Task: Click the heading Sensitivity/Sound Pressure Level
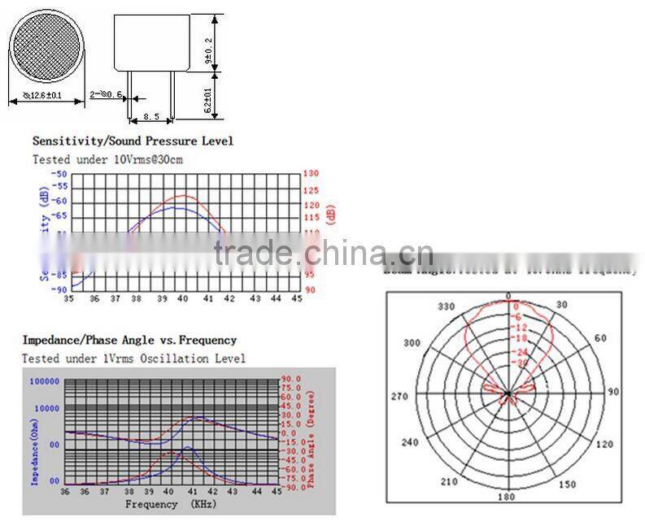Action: (133, 141)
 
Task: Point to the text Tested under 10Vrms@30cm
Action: (107, 159)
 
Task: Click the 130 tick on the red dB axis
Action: (310, 173)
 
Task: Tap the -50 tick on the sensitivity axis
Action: (59, 174)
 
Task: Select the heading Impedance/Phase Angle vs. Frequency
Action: (129, 340)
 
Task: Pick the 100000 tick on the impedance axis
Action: (44, 380)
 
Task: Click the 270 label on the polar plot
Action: (399, 397)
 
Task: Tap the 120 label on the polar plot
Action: (605, 445)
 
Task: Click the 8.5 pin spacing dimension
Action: (150, 117)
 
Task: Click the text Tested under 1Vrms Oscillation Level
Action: (133, 358)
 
